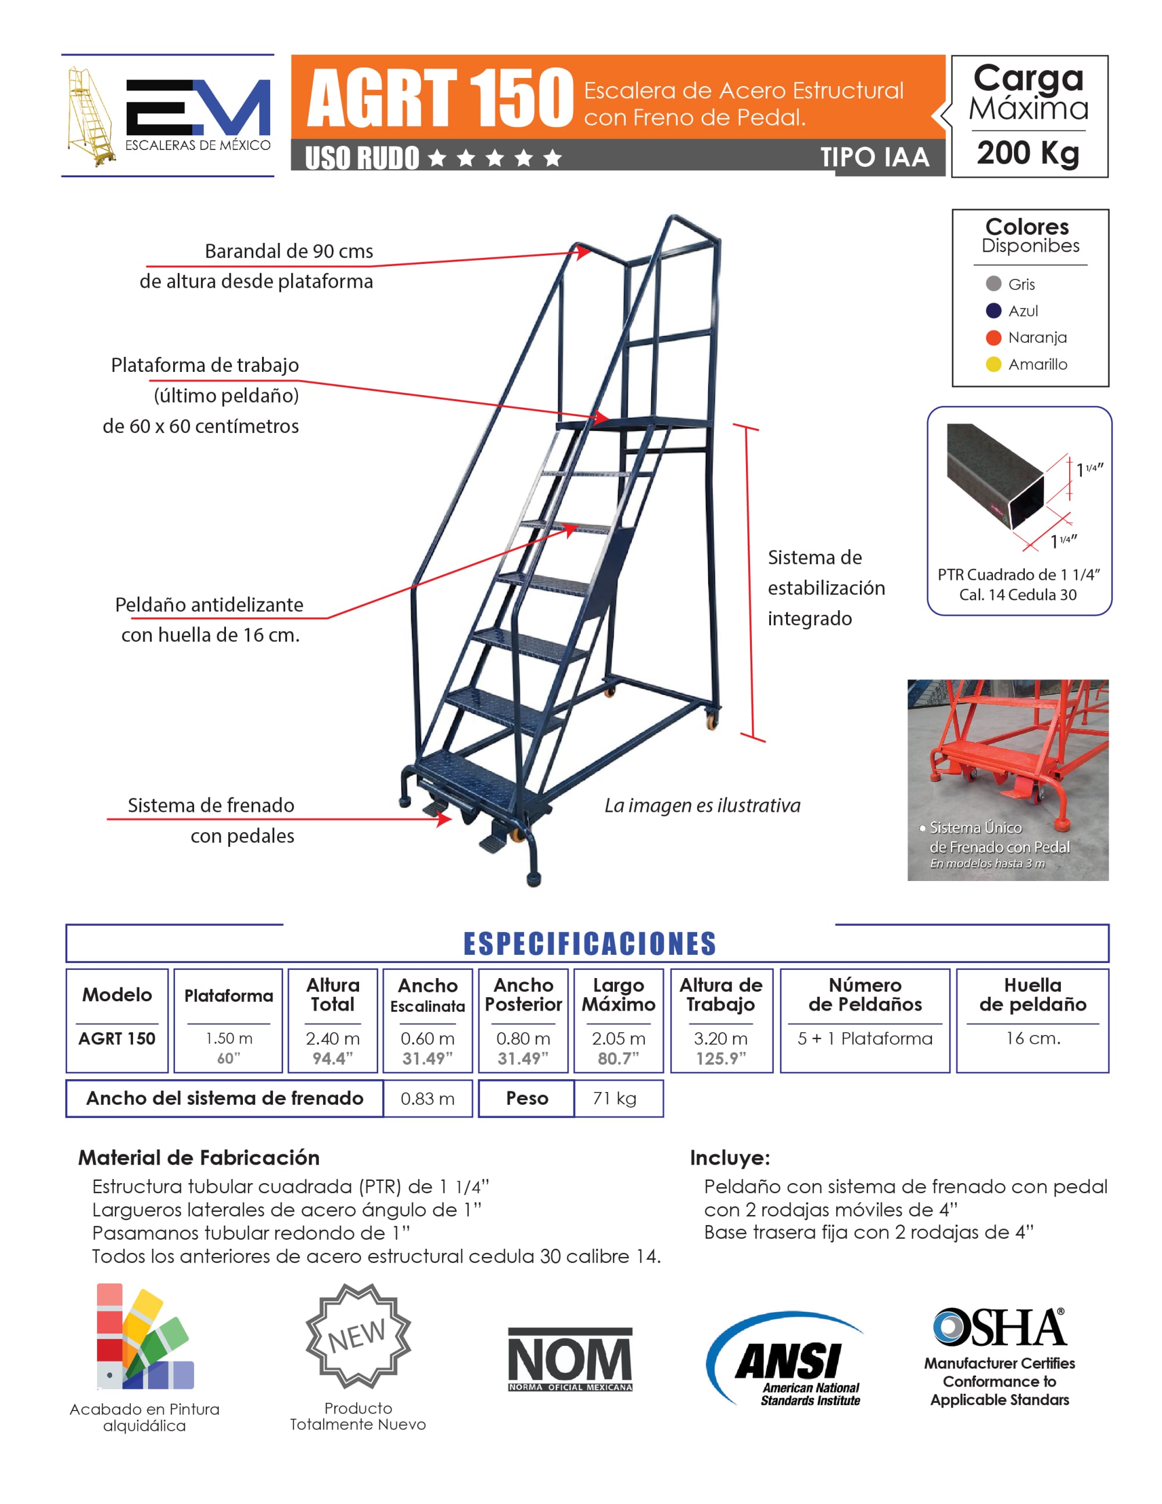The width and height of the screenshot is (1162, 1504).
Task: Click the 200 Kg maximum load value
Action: pyautogui.click(x=1028, y=153)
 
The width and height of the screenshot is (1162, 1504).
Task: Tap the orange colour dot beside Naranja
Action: pyautogui.click(x=994, y=338)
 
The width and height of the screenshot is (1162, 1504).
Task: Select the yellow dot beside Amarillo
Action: pyautogui.click(x=994, y=364)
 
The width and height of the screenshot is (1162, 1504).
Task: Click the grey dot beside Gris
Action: pyautogui.click(x=994, y=284)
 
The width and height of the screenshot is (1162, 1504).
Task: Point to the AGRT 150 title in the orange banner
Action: pyautogui.click(x=440, y=98)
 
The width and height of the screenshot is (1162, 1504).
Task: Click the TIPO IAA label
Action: pyautogui.click(x=874, y=157)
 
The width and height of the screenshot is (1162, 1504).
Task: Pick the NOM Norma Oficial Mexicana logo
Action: pyautogui.click(x=570, y=1359)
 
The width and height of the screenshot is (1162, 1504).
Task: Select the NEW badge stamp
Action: pyautogui.click(x=358, y=1336)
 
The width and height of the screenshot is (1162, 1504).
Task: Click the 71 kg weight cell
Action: pyautogui.click(x=615, y=1098)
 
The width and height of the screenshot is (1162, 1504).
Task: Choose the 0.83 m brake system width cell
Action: pyautogui.click(x=428, y=1098)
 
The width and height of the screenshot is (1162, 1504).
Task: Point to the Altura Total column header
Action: pyautogui.click(x=332, y=994)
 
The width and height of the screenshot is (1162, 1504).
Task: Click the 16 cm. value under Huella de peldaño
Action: pyautogui.click(x=1032, y=1039)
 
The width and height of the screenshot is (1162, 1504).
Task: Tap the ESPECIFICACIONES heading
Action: pyautogui.click(x=589, y=943)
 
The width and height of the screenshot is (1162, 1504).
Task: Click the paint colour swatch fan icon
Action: pyautogui.click(x=143, y=1337)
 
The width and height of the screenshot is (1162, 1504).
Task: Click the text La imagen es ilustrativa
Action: pyautogui.click(x=702, y=805)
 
